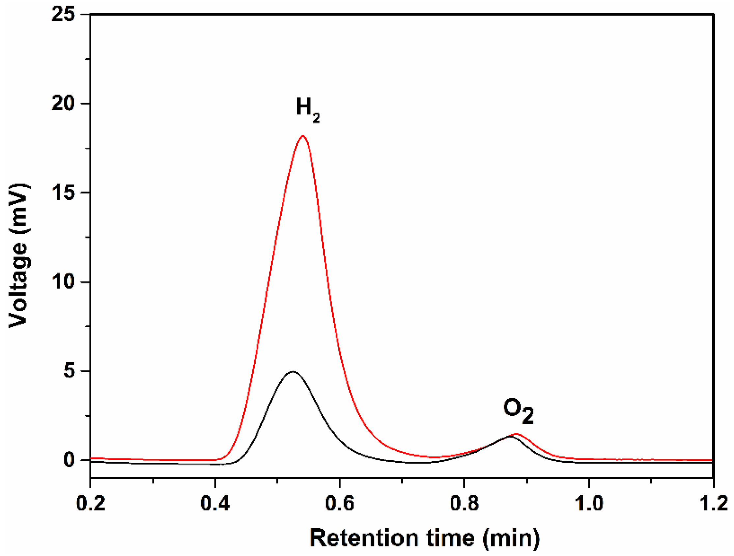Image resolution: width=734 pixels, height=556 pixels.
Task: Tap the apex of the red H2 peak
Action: click(303, 136)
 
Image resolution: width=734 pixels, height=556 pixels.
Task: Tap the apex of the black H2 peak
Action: click(292, 371)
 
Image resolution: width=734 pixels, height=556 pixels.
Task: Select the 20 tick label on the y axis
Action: click(63, 103)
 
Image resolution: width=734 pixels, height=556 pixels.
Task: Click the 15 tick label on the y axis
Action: click(63, 192)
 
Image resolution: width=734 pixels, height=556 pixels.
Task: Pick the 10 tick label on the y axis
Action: click(63, 282)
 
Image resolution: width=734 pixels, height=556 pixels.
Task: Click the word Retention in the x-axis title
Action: click(364, 538)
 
